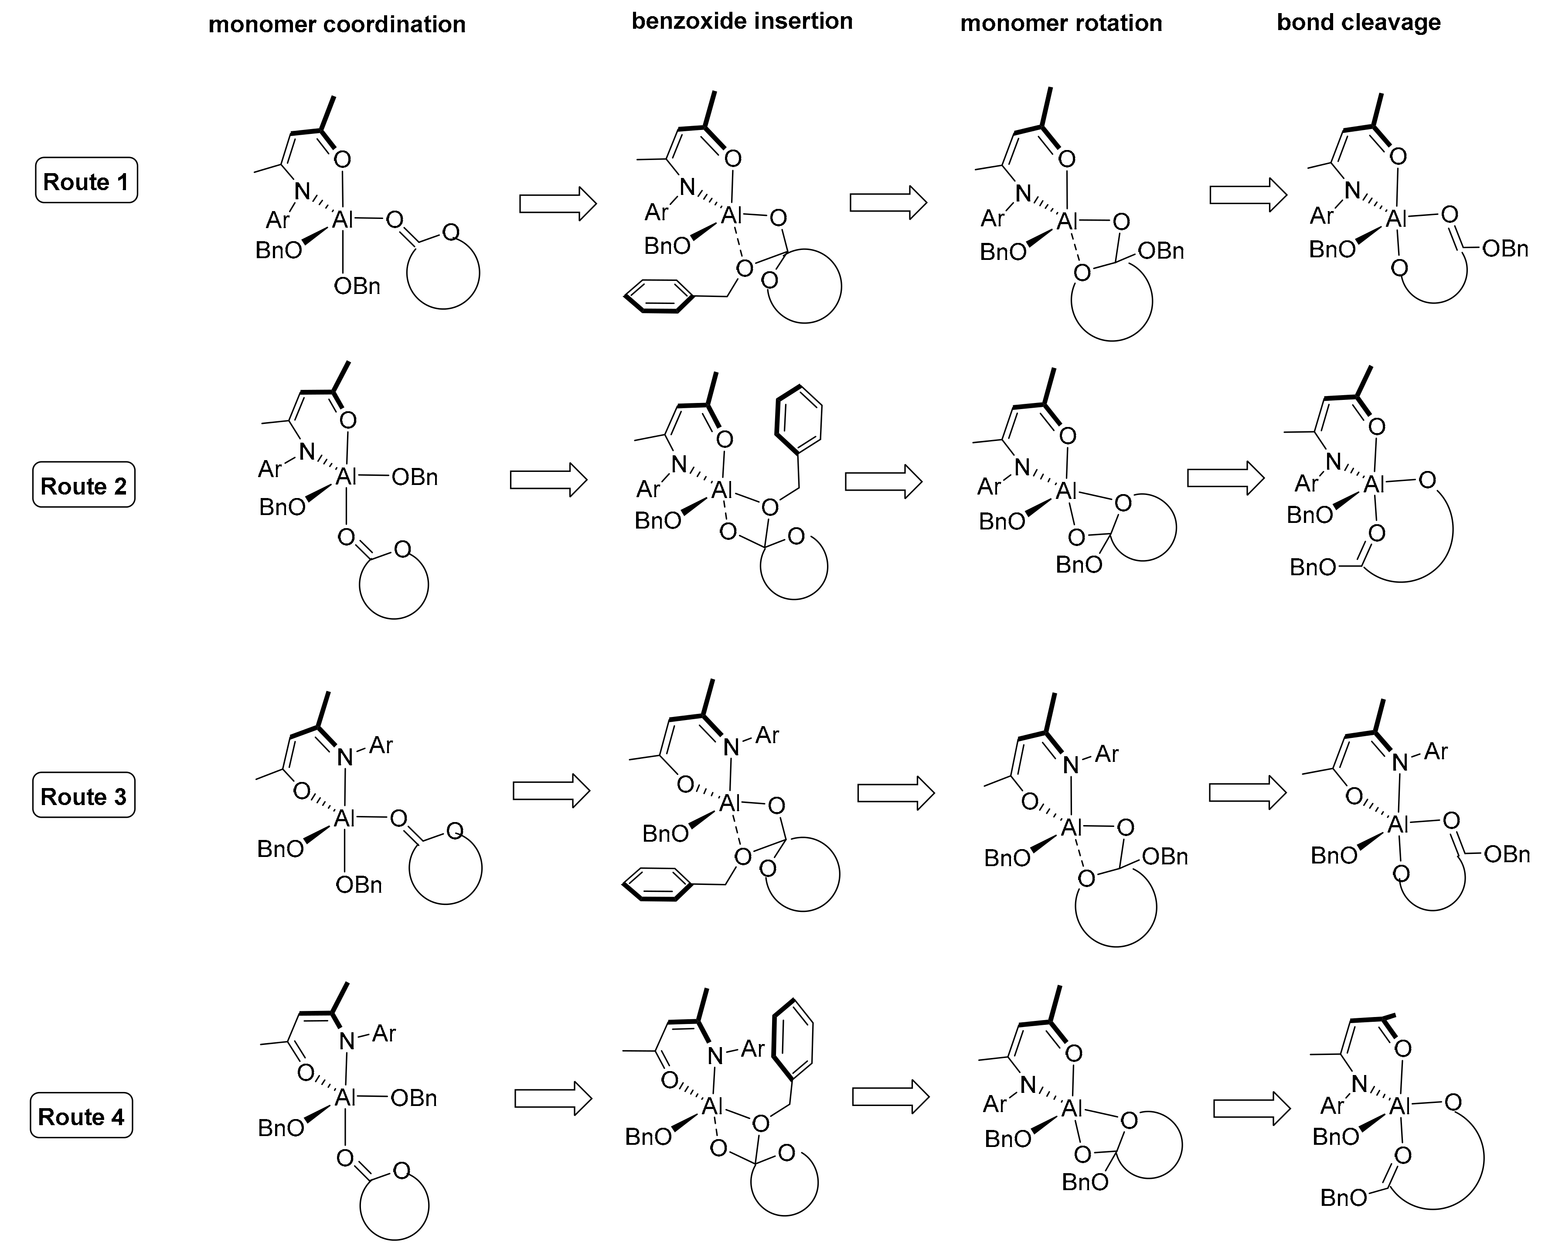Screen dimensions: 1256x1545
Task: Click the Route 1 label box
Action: pos(86,181)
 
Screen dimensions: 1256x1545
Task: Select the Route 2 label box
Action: pos(84,485)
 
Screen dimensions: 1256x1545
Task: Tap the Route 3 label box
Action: pos(84,796)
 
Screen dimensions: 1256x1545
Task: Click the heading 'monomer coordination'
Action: pos(337,24)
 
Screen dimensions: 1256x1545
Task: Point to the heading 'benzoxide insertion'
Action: pos(742,21)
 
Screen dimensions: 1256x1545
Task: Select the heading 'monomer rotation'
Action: pos(1061,23)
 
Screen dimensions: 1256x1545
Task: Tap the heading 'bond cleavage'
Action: pos(1358,22)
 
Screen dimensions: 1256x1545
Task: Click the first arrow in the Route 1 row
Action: pos(558,204)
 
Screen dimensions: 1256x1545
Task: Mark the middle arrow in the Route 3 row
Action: pos(895,794)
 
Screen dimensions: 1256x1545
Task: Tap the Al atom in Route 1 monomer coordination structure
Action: pos(342,219)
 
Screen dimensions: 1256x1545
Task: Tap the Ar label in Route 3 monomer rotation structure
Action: pos(1107,754)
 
